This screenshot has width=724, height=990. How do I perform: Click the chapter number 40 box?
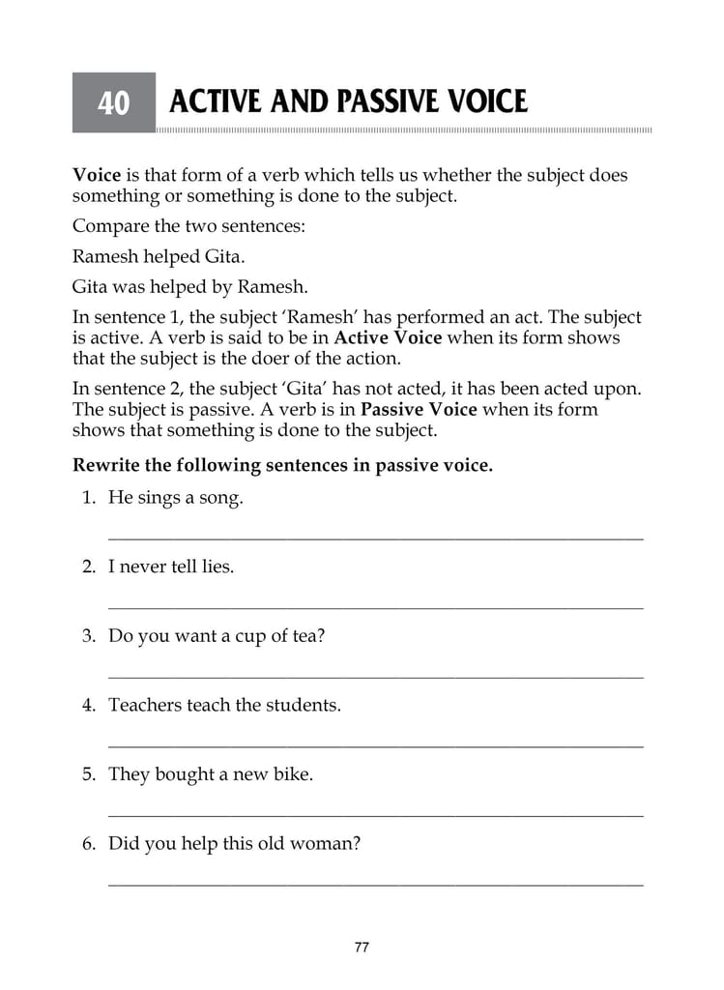(x=113, y=102)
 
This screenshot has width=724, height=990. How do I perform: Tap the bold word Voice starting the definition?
(x=97, y=176)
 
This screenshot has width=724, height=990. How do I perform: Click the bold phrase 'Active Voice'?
(x=388, y=338)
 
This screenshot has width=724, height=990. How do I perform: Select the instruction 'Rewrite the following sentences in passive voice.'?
(x=282, y=465)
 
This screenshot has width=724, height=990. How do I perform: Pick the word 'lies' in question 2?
(x=217, y=568)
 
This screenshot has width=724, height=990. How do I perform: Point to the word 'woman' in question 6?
(x=329, y=844)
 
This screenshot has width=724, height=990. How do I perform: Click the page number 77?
(x=362, y=947)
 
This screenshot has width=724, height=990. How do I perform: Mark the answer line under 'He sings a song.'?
(x=375, y=539)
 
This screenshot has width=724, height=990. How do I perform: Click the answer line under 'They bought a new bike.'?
(x=375, y=815)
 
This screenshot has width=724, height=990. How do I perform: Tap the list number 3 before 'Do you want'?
(x=88, y=637)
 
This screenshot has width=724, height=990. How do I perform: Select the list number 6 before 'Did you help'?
(x=88, y=844)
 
